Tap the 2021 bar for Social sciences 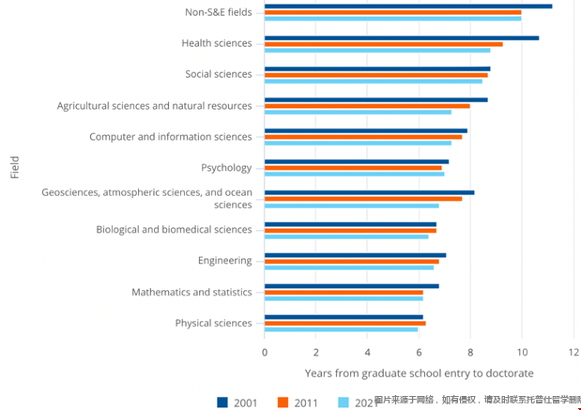373,81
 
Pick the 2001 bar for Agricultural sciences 375,99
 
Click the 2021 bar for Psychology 354,174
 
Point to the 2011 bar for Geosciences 363,199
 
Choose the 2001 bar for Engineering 355,254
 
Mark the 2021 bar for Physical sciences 341,329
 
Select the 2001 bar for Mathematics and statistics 351,286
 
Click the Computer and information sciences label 171,137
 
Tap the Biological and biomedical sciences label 174,230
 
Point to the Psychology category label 226,168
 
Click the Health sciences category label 217,43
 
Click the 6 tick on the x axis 419,352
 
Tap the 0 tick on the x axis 265,352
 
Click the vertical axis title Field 14,168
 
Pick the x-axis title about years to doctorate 419,372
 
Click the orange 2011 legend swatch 283,402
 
